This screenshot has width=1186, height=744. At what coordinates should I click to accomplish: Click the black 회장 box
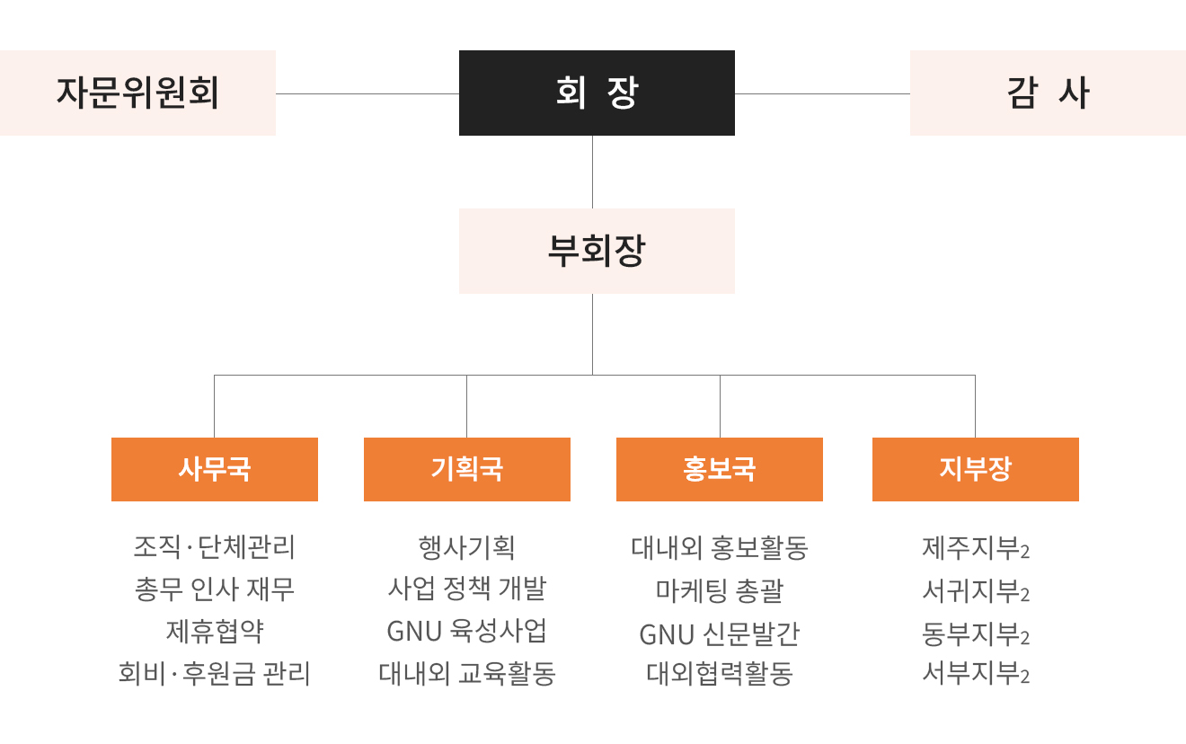[x=597, y=93]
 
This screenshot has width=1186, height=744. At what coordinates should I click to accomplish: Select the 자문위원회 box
[x=137, y=93]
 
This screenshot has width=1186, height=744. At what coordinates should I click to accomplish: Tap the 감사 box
[x=1048, y=93]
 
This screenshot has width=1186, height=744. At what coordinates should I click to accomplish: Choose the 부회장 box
[x=597, y=251]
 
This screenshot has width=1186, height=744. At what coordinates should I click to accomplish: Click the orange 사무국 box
[x=215, y=469]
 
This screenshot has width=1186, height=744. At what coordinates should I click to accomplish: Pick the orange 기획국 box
[x=467, y=469]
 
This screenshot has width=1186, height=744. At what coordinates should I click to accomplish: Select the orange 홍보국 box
[x=720, y=469]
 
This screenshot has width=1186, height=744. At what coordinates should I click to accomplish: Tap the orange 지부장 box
[x=976, y=469]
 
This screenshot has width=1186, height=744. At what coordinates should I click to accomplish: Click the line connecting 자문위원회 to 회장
[x=367, y=93]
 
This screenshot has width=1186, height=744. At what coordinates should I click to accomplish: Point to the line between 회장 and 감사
[x=822, y=93]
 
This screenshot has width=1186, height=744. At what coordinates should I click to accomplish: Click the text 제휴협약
[x=215, y=631]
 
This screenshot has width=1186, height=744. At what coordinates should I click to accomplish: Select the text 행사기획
[x=466, y=547]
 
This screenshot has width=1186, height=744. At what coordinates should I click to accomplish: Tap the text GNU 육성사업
[x=466, y=631]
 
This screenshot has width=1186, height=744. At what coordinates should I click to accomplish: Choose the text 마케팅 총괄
[x=720, y=590]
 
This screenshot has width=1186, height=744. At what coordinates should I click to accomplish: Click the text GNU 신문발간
[x=720, y=633]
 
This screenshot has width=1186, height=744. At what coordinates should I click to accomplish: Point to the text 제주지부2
[x=976, y=548]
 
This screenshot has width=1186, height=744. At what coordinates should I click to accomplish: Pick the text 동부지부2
[x=976, y=633]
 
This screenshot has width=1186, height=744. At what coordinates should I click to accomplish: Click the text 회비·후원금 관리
[x=214, y=674]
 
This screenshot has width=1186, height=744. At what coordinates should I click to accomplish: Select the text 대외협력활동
[x=720, y=674]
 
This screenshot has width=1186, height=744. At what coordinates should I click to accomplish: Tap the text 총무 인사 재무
[x=215, y=589]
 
